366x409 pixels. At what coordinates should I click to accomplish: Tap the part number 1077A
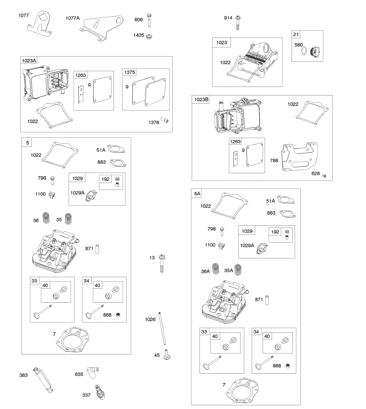point(72,18)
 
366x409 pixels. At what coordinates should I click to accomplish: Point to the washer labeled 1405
point(149,36)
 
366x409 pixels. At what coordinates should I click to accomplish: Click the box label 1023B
point(201,100)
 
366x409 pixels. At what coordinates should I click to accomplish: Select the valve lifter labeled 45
point(167,354)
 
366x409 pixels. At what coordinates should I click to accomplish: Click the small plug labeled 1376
point(166,121)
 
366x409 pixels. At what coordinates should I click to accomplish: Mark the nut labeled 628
point(324,175)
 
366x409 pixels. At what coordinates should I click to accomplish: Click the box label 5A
point(197,194)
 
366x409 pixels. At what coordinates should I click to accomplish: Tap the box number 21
point(296,34)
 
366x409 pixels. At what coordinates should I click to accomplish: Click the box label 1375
point(129,72)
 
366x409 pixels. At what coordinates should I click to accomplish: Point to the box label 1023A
point(29,61)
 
